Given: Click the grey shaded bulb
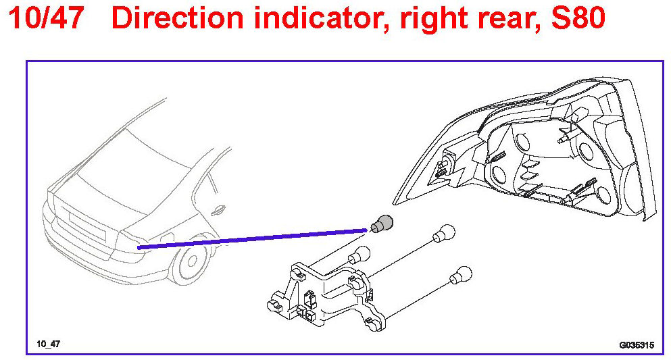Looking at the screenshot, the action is (384, 222).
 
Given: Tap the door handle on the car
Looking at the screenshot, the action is (218, 211).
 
